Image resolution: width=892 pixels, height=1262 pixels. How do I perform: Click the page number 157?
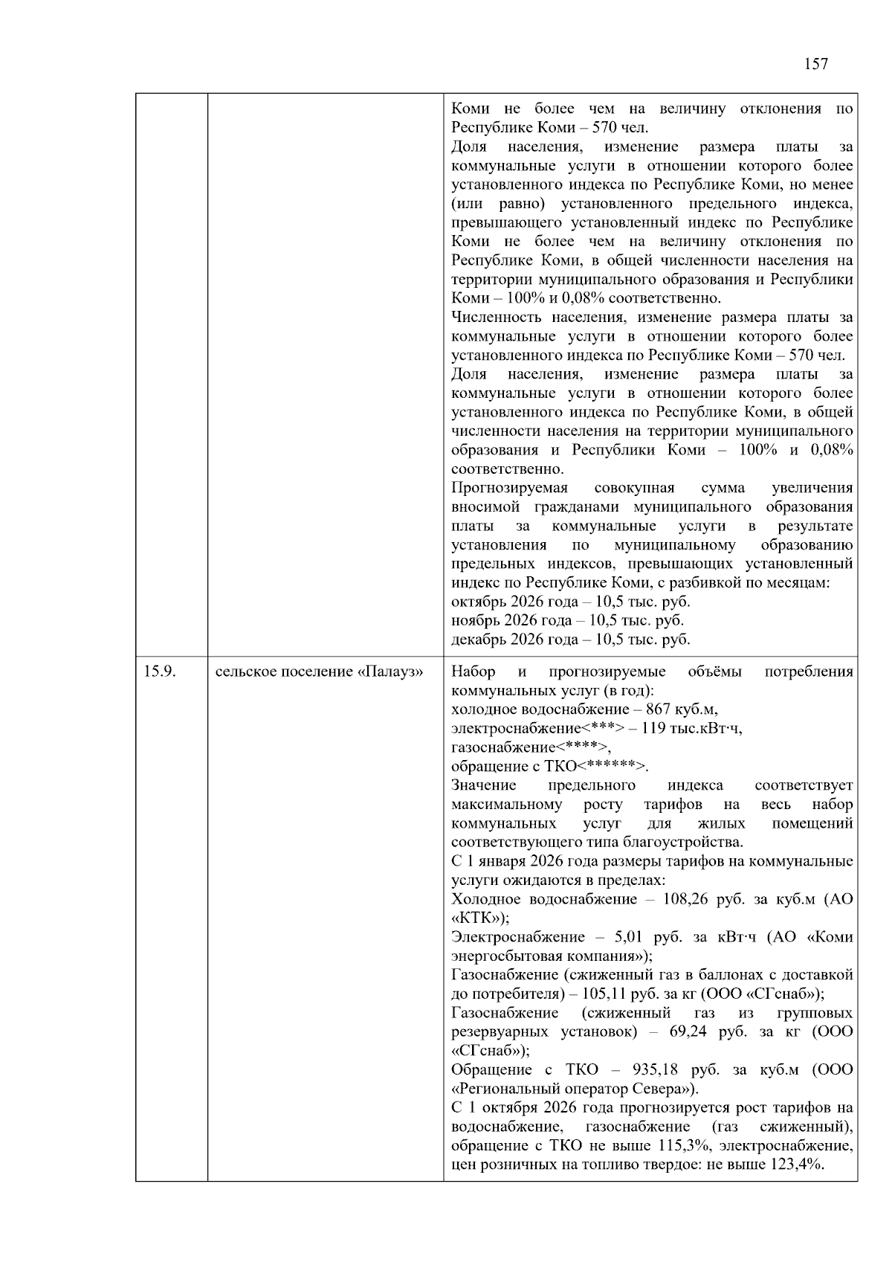(x=815, y=64)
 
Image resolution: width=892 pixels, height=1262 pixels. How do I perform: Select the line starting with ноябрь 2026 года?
(x=567, y=620)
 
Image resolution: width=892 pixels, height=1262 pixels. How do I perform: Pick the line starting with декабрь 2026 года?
(x=570, y=640)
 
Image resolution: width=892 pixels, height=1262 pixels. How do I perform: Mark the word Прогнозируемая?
(x=509, y=488)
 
